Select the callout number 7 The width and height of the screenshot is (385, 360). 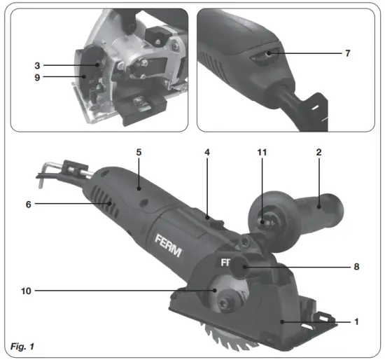349,53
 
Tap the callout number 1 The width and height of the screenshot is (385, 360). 356,321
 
